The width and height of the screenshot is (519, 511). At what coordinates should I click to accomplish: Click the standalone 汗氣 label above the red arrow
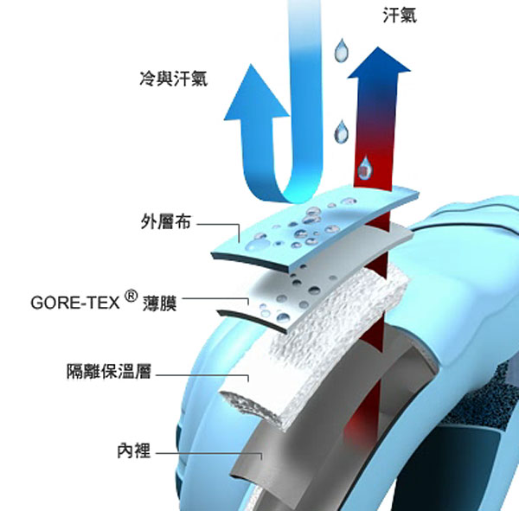(398, 15)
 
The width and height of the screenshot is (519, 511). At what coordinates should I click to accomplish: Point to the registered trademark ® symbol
(131, 297)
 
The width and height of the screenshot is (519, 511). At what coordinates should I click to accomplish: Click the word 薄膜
(161, 304)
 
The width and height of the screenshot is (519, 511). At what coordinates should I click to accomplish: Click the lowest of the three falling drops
(367, 163)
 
